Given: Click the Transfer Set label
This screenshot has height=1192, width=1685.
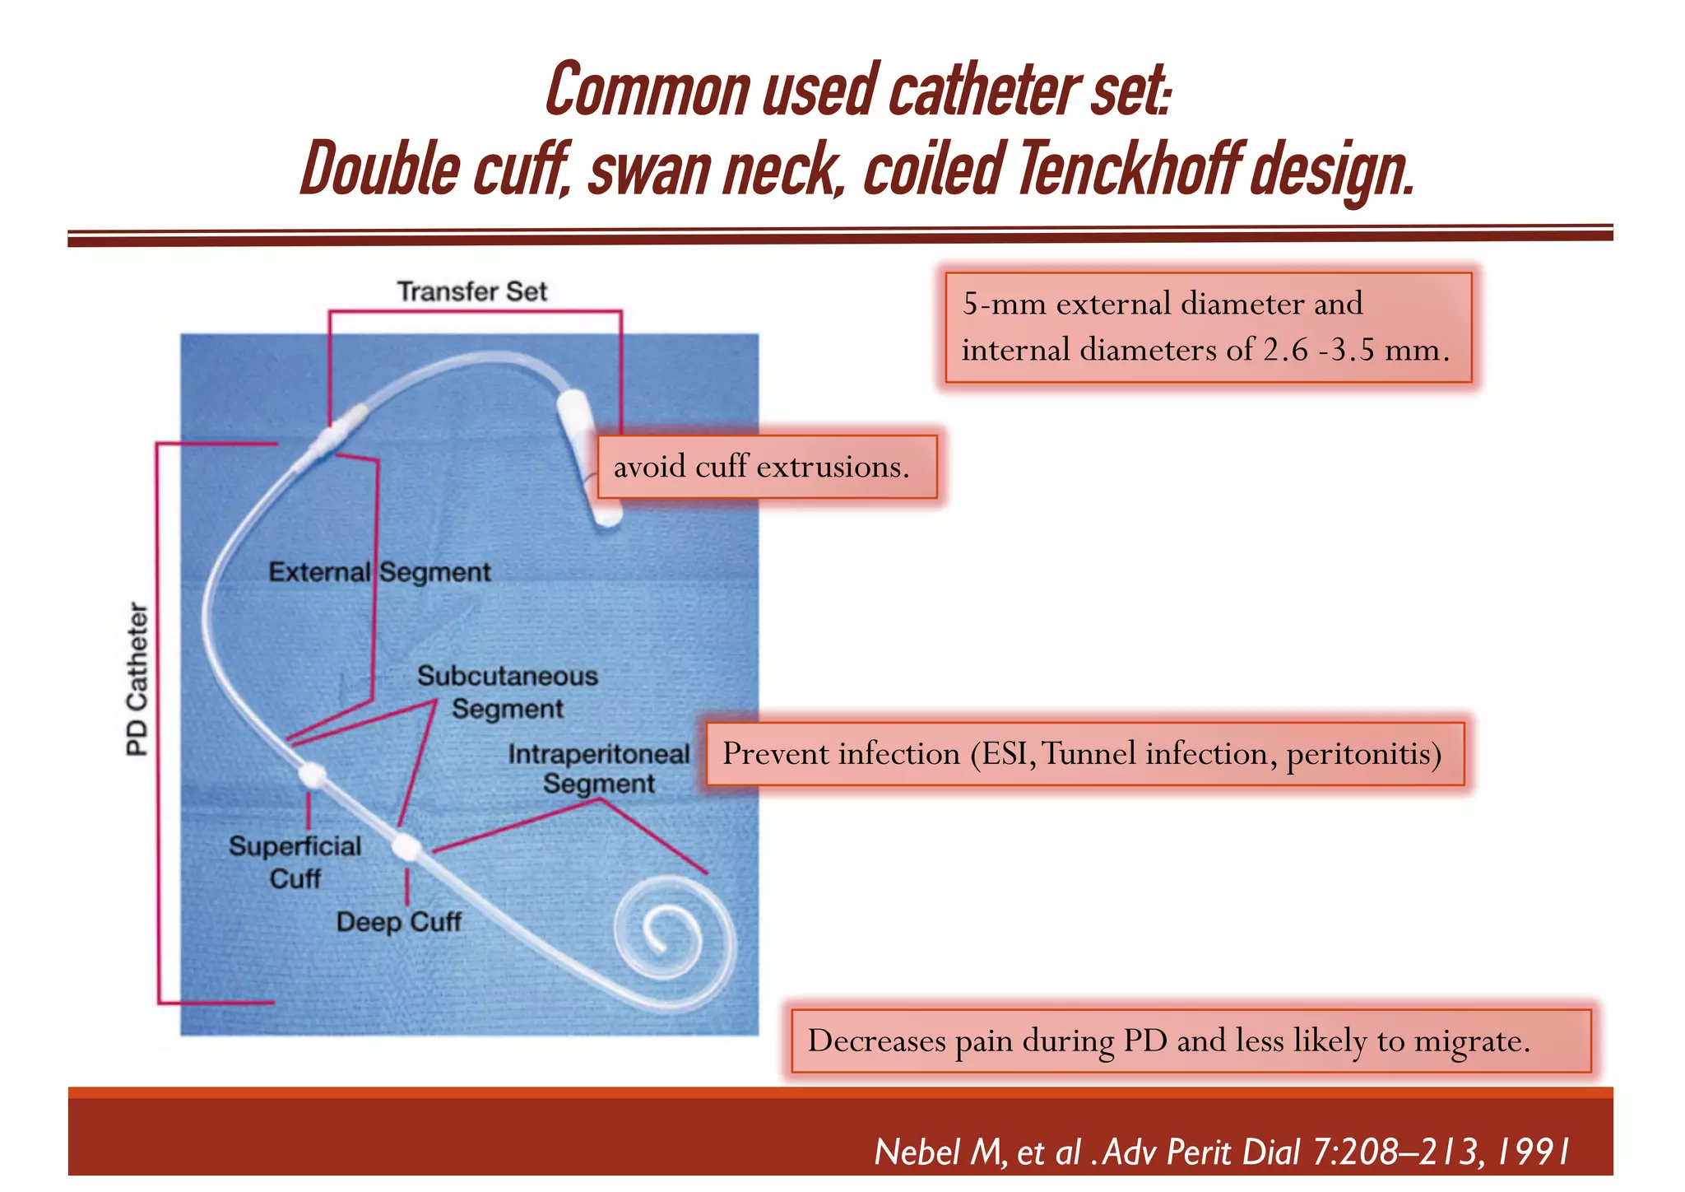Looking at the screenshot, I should coord(471,291).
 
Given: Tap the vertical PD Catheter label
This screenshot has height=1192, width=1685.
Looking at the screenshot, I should coord(137,679).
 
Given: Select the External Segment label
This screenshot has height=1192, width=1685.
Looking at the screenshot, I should coord(379,572).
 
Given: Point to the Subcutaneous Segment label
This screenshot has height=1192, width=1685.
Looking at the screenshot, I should coord(507,691).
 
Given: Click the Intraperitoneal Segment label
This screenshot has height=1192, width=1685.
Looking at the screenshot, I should coord(598,768).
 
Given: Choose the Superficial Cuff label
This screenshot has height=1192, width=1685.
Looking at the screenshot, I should coord(295,862).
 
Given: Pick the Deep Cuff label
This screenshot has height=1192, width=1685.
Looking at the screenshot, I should coord(398,921).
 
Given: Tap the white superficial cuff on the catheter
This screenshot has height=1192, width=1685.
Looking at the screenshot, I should coord(312,775).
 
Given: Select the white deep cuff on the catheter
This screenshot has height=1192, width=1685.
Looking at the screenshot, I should coord(406,846).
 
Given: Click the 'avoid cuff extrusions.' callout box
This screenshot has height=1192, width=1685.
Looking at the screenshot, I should coord(767,467).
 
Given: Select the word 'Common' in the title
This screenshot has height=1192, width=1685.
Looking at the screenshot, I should coord(647,91).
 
